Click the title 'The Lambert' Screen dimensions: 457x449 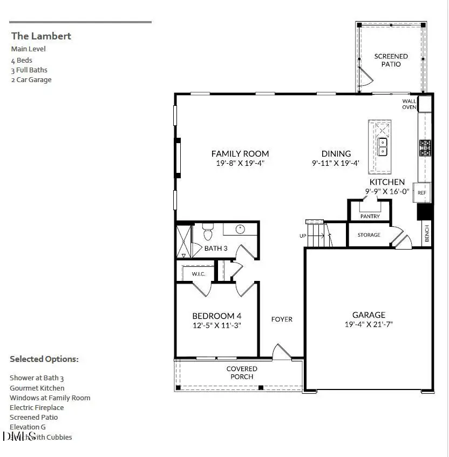click(41, 36)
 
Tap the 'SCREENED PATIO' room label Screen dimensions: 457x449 click(391, 60)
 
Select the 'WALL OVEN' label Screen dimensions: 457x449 click(409, 104)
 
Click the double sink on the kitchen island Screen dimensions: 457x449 click(382, 146)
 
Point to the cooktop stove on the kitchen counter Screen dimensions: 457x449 click(425, 147)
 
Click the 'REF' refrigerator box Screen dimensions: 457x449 click(421, 192)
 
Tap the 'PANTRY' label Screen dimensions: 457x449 click(370, 216)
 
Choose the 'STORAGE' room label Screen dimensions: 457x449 click(369, 235)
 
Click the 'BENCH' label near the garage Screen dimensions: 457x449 click(427, 233)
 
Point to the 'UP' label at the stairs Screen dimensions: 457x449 click(303, 236)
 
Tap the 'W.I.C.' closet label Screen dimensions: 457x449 click(199, 274)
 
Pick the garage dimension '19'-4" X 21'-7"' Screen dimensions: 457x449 click(369, 325)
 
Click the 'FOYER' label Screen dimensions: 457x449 click(282, 319)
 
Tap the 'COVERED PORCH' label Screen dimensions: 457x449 click(242, 373)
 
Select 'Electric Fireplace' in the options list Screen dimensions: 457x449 click(37, 407)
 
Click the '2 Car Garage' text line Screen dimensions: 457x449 click(31, 80)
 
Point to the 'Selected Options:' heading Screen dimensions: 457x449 click(44, 359)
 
